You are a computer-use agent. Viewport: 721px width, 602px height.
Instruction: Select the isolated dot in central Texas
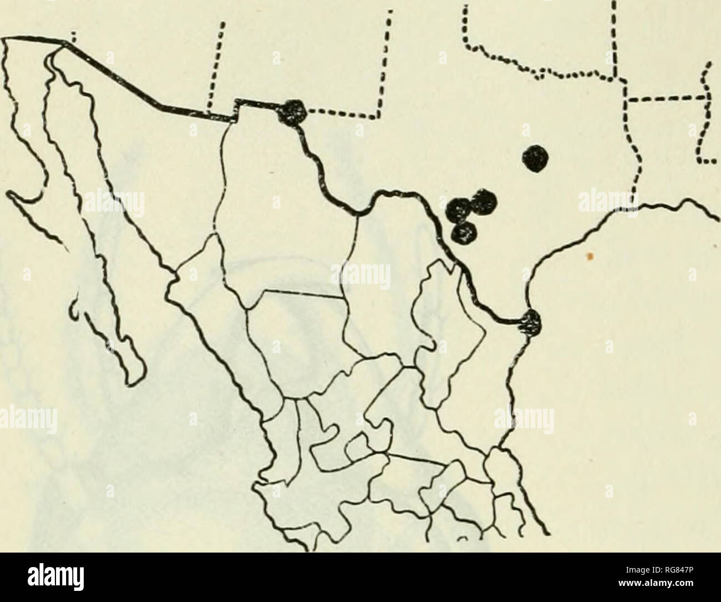(537, 159)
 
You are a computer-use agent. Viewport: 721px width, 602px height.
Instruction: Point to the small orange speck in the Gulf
(591, 256)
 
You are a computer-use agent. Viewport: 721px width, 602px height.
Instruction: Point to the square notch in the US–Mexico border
(235, 109)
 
